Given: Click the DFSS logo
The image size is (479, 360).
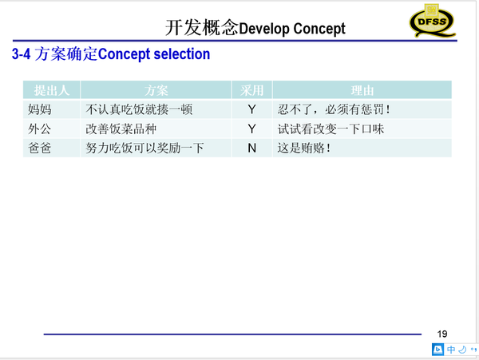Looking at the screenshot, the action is click(432, 21).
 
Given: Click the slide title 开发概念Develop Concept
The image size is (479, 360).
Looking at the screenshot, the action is click(255, 28).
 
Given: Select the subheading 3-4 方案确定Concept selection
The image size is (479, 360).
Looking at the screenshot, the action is click(111, 54).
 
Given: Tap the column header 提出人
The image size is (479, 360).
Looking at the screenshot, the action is click(52, 90).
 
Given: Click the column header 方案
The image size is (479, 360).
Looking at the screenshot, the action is click(156, 90).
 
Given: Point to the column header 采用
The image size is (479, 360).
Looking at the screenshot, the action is click(251, 90).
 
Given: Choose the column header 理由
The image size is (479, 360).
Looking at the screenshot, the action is click(362, 90).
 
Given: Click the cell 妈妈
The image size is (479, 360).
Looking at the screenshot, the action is click(40, 109).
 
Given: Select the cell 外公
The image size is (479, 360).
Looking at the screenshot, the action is click(40, 129).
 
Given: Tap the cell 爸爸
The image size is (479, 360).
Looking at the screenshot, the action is click(40, 148).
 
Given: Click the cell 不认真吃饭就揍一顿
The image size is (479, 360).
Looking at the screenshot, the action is click(139, 109).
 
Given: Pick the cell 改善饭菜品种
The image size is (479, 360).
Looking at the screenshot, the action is click(121, 129).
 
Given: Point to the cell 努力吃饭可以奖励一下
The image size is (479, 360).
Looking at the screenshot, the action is click(144, 148).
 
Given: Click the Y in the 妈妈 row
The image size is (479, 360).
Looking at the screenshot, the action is click(251, 109).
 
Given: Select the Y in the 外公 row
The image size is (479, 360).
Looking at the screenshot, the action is click(251, 129).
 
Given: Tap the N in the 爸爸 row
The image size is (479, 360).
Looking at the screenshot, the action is click(251, 148).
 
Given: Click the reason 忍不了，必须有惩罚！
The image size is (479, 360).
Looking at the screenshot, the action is click(334, 109).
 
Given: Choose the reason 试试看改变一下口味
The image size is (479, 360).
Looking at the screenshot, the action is click(331, 129).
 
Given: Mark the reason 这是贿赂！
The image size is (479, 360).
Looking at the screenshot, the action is click(304, 148).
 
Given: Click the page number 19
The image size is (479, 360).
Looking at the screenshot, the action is click(442, 334).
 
